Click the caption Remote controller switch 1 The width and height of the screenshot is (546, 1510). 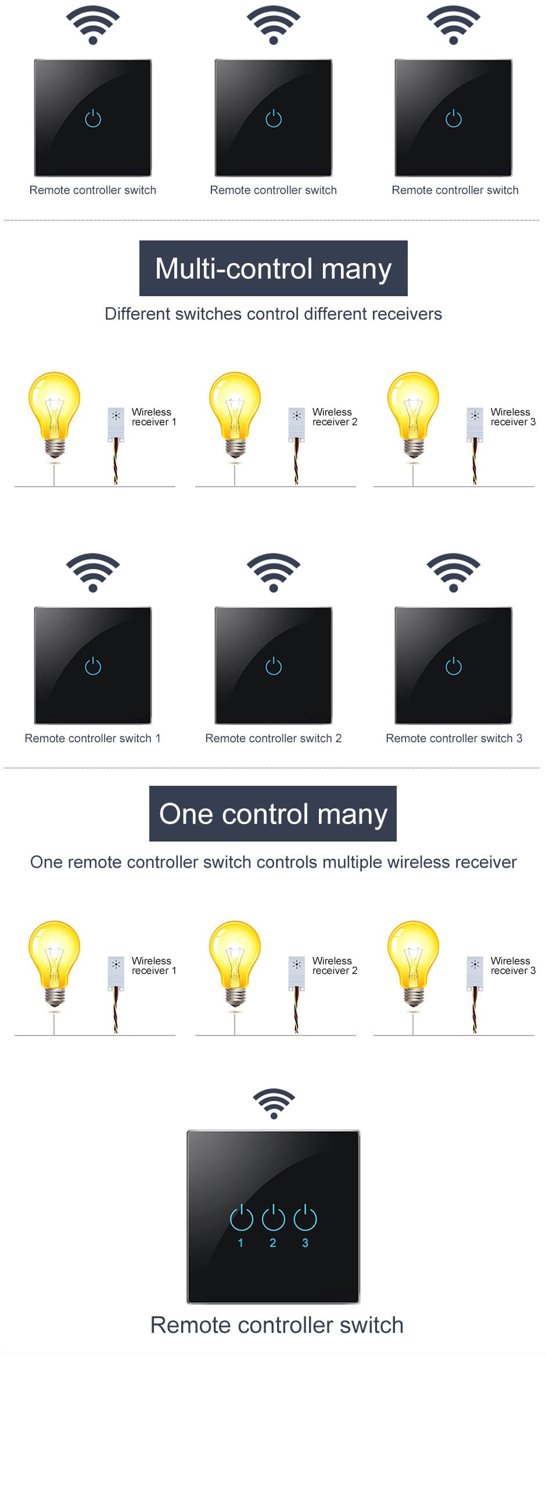(93, 739)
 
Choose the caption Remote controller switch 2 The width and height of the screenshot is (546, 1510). (274, 739)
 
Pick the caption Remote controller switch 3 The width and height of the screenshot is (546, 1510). (454, 739)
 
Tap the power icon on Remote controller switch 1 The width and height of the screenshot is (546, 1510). (93, 666)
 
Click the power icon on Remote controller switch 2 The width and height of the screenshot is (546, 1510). (274, 666)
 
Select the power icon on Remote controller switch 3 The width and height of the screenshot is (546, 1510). (453, 666)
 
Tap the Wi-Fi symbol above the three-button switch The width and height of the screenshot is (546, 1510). (274, 1104)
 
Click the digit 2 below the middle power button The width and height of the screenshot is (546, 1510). (272, 1243)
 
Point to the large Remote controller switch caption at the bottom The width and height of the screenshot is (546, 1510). (277, 1325)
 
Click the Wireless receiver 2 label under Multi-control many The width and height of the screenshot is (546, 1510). (335, 417)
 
